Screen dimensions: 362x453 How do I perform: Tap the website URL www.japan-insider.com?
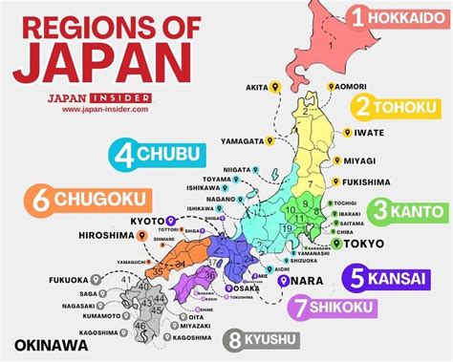pyautogui.click(x=102, y=109)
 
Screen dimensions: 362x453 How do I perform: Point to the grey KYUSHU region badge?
pyautogui.click(x=276, y=339)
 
